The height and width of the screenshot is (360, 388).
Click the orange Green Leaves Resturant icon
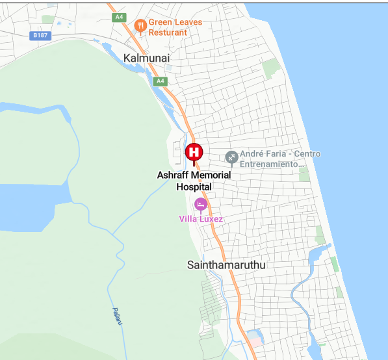(x=139, y=26)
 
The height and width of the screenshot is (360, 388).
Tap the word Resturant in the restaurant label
(x=168, y=32)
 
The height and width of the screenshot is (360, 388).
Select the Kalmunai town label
(x=146, y=58)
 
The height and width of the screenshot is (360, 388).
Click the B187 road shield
(x=40, y=36)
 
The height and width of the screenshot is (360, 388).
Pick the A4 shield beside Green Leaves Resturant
(x=119, y=18)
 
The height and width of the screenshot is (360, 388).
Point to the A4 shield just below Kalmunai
(x=160, y=81)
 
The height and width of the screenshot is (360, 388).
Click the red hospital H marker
(x=194, y=152)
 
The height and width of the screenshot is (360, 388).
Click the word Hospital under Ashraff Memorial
(x=194, y=187)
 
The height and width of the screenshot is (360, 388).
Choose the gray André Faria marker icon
(x=231, y=157)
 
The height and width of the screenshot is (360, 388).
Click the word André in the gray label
(x=252, y=154)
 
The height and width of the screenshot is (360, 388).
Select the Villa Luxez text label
(x=201, y=219)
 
